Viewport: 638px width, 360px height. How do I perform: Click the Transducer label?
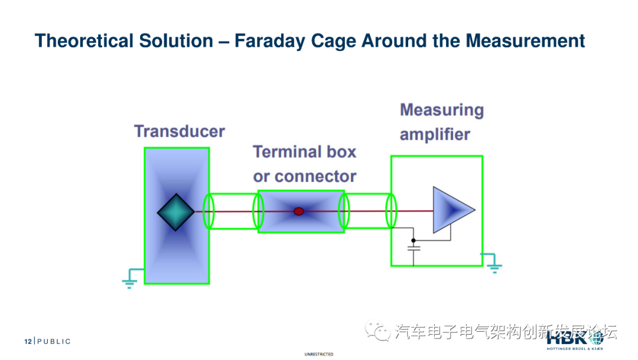[179, 131]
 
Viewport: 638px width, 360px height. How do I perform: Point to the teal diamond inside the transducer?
[176, 212]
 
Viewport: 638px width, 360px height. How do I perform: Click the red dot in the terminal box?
[299, 211]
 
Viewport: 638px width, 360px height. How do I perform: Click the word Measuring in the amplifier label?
[441, 110]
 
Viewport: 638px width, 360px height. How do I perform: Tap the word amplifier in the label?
[435, 135]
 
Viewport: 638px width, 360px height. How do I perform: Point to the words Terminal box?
[305, 152]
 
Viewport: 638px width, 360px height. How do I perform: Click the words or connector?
[305, 176]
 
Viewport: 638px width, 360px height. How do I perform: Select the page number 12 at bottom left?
[27, 342]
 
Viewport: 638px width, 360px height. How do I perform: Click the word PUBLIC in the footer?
[54, 342]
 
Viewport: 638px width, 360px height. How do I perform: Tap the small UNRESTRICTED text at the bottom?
[318, 355]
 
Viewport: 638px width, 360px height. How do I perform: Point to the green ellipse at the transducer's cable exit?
[209, 211]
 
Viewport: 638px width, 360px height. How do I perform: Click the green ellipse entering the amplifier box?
[390, 211]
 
